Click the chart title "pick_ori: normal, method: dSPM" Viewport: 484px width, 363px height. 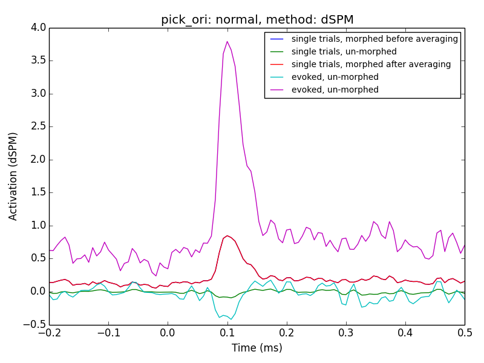(257, 20)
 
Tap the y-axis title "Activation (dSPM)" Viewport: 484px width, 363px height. (13, 177)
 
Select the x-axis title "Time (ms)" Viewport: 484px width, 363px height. (257, 348)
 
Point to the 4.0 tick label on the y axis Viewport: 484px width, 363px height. (38, 27)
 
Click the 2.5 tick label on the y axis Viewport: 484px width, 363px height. (38, 126)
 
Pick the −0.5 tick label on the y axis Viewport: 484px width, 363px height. (34, 324)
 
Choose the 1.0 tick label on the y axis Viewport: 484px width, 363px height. (38, 226)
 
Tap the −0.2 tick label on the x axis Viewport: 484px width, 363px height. (50, 333)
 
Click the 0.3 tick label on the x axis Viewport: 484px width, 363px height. (346, 333)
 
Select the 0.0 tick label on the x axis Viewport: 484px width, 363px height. (168, 333)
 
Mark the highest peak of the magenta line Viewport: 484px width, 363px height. (227, 41)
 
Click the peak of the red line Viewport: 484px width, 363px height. (227, 236)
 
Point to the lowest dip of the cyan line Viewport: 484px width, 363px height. (231, 319)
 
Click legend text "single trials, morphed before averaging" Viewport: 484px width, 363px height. (374, 39)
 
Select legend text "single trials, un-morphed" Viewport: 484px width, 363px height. (344, 51)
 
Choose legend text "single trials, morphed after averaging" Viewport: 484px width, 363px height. (371, 64)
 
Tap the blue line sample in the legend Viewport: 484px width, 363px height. (276, 39)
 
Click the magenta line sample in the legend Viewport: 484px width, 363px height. (276, 90)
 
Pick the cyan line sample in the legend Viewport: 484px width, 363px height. (276, 77)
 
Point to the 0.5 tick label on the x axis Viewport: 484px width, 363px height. (465, 333)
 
